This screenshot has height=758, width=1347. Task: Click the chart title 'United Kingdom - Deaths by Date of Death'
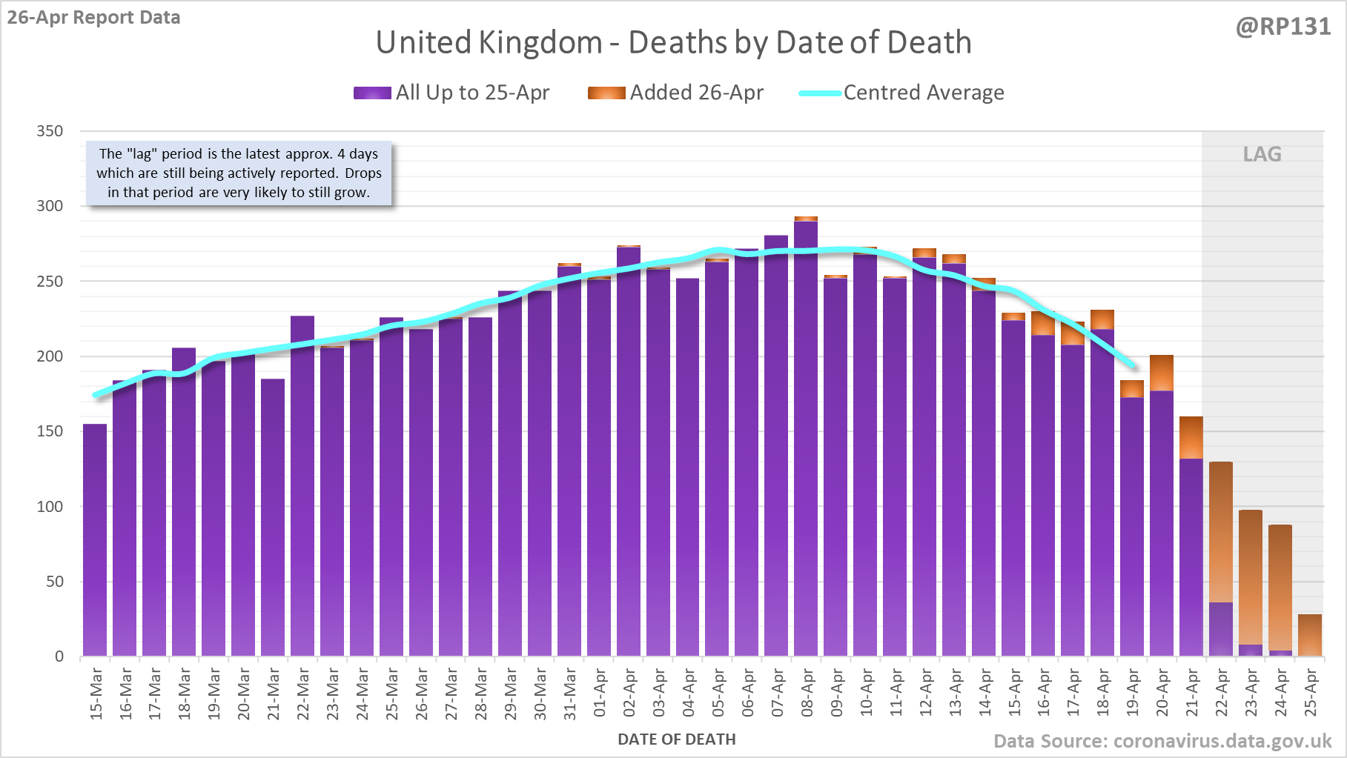673,42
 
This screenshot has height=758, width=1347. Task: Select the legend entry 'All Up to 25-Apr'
451,93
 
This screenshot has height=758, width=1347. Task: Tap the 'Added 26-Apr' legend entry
675,93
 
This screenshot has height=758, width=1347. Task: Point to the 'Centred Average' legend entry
901,93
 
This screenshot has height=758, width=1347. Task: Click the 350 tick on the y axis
50,131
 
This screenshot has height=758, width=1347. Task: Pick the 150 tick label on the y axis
50,431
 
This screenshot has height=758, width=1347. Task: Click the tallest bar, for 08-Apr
806,437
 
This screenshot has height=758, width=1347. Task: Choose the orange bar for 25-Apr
1310,635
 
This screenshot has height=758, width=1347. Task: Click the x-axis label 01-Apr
599,693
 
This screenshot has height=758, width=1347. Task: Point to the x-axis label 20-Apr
1162,693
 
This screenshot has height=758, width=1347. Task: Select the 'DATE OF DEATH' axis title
677,739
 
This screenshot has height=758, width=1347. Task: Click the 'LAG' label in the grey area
1262,154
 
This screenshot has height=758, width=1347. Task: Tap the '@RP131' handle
1283,27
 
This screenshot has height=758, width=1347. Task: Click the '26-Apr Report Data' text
94,18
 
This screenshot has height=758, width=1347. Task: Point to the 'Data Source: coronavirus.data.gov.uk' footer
1162,742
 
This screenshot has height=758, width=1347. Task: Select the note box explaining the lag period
239,173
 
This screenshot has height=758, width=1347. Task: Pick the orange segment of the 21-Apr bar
1191,438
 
